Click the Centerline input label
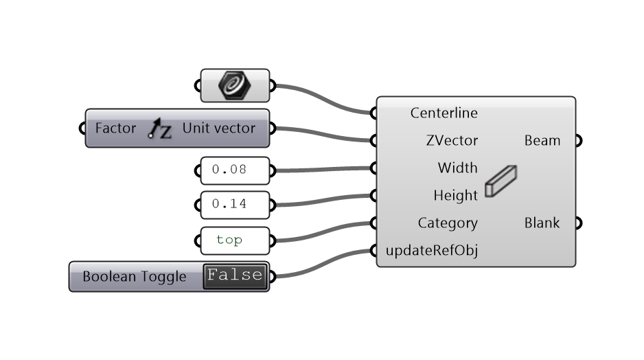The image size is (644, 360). (x=444, y=113)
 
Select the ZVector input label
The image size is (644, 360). (x=452, y=141)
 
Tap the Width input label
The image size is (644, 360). (x=457, y=168)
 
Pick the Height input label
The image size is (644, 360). (x=455, y=196)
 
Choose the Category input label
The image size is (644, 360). (x=448, y=223)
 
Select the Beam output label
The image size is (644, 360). (x=542, y=141)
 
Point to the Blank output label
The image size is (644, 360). (x=542, y=223)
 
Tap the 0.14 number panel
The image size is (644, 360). (x=234, y=204)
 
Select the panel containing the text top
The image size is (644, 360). (x=234, y=240)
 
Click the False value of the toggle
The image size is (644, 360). (x=235, y=275)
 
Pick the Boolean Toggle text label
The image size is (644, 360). (x=135, y=277)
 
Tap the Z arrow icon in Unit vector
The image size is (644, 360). (x=160, y=128)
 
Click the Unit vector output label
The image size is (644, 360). (x=218, y=128)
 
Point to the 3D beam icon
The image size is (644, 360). (x=501, y=181)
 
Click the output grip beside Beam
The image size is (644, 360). (x=578, y=141)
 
